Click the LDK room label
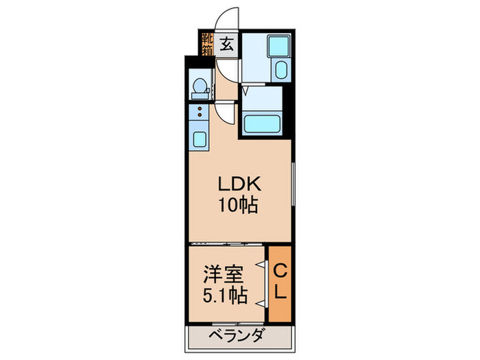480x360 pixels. click(x=239, y=184)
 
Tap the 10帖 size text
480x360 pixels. click(x=238, y=205)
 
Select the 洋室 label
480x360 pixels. click(x=224, y=274)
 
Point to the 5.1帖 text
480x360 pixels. click(x=225, y=294)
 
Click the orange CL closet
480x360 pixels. click(x=280, y=284)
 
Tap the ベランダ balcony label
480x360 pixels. click(x=236, y=335)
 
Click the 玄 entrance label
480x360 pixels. click(x=227, y=44)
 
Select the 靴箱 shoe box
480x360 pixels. click(x=207, y=44)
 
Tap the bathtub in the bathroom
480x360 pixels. click(x=262, y=123)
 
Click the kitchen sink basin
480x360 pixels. click(x=200, y=139)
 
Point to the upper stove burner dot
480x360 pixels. click(x=200, y=108)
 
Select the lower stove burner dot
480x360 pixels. click(x=200, y=115)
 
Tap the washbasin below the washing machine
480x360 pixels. click(x=282, y=70)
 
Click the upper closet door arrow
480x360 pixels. click(x=261, y=264)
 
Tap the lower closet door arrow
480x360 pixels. click(x=261, y=303)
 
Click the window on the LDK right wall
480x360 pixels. click(x=293, y=184)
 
